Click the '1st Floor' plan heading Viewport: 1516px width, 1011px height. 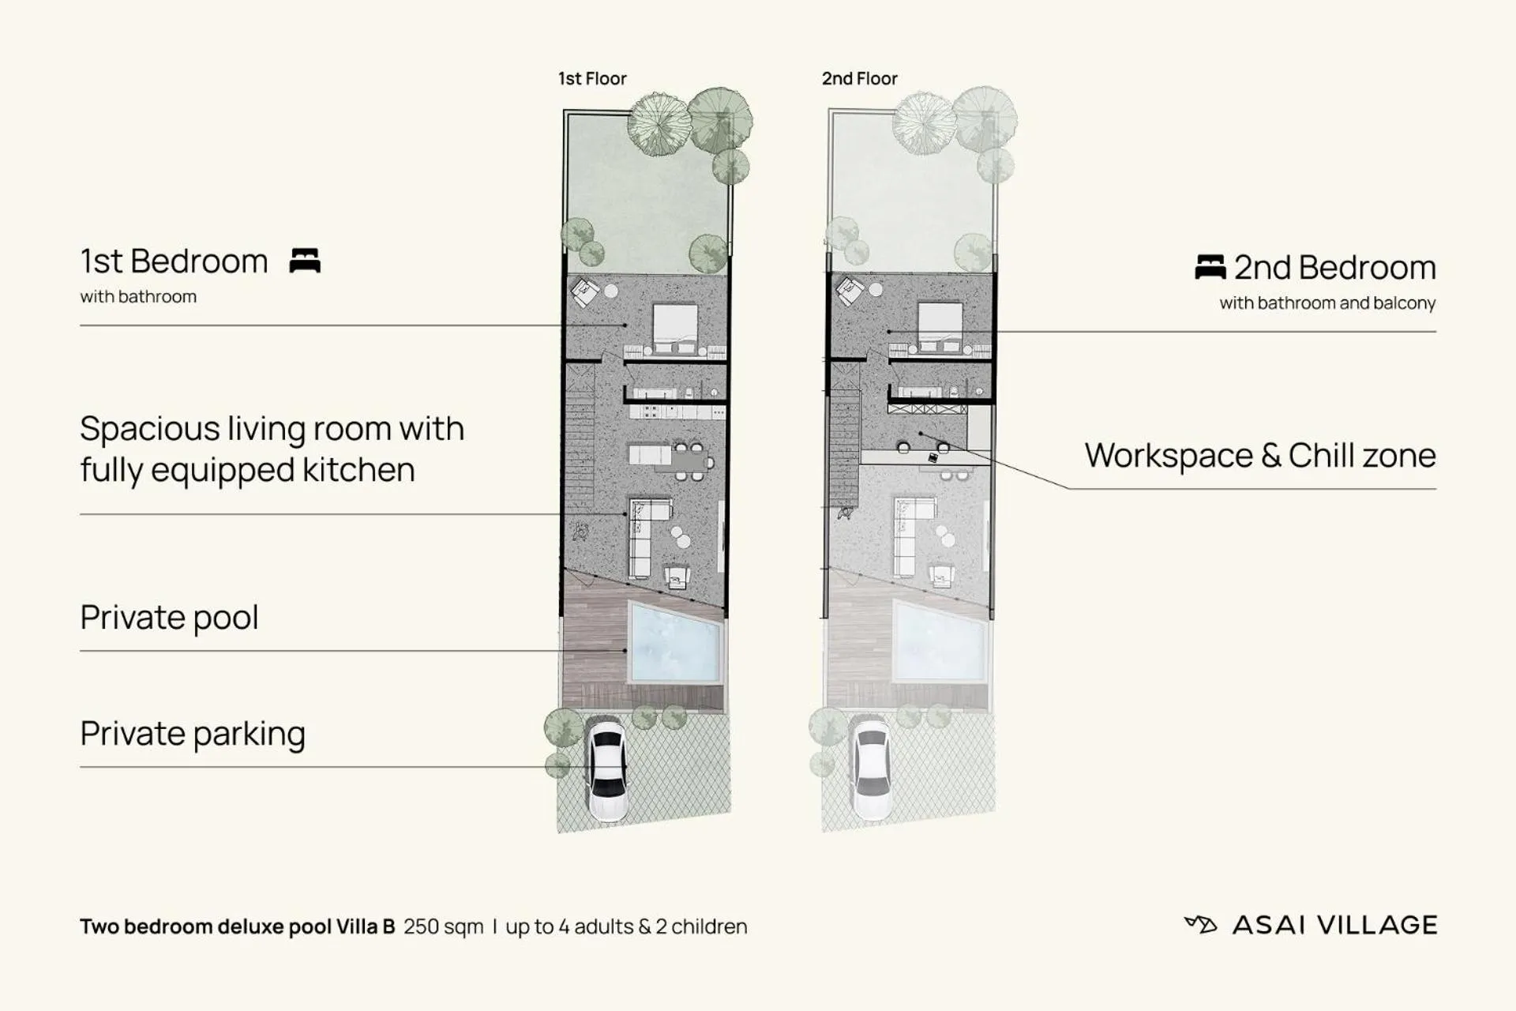592,79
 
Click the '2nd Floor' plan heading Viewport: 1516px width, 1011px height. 859,79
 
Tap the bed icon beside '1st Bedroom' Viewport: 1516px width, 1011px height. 305,261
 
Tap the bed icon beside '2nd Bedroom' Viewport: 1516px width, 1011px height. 1210,267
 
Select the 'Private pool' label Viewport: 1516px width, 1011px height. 169,618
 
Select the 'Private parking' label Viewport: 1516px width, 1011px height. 193,734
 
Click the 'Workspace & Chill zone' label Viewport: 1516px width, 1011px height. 1259,456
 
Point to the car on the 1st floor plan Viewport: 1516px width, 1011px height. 606,770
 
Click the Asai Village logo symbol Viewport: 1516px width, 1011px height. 1200,924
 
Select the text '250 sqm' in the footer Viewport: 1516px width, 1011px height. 443,926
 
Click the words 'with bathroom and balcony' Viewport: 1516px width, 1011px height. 1326,303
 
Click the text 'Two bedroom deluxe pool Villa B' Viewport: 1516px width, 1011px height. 237,926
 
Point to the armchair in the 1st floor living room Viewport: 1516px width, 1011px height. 677,577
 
